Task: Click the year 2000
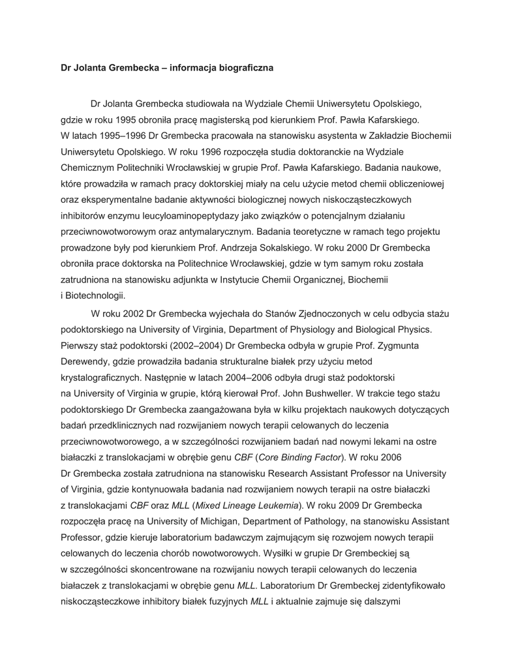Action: pos(336,247)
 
